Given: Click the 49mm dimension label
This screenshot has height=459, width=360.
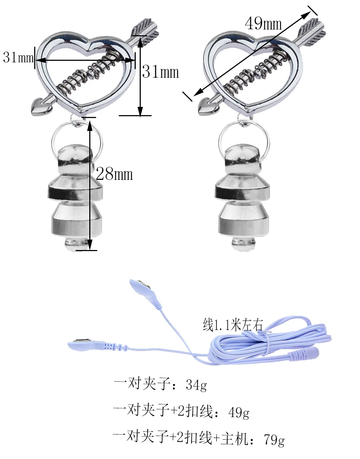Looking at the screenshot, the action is click(263, 24).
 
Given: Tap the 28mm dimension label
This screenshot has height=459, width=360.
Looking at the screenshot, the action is click(114, 174).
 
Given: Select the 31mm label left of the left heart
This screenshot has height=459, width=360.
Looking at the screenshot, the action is click(18, 57).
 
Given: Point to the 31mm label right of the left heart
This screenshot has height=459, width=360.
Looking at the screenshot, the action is click(160, 72).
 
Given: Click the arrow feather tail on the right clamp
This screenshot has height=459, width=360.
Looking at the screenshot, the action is click(315, 28).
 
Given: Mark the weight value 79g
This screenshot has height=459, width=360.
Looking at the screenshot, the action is click(274, 439).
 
